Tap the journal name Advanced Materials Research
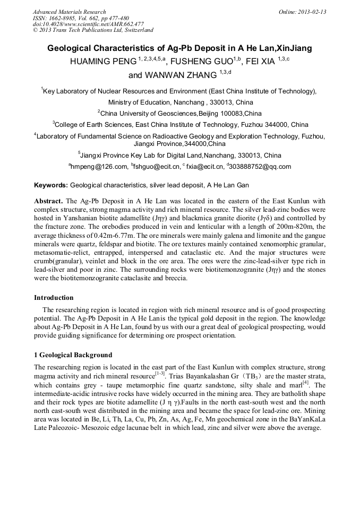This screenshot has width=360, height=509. coord(69,12)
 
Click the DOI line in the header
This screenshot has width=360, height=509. coord(88,24)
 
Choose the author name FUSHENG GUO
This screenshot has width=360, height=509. coord(201,62)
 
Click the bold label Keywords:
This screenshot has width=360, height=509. coord(51,185)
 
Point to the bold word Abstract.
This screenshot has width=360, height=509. coord(48,201)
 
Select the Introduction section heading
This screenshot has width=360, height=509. coord(54,297)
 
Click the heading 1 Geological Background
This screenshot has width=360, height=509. coord(73,355)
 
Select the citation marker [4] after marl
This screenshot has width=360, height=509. coord(306,382)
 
